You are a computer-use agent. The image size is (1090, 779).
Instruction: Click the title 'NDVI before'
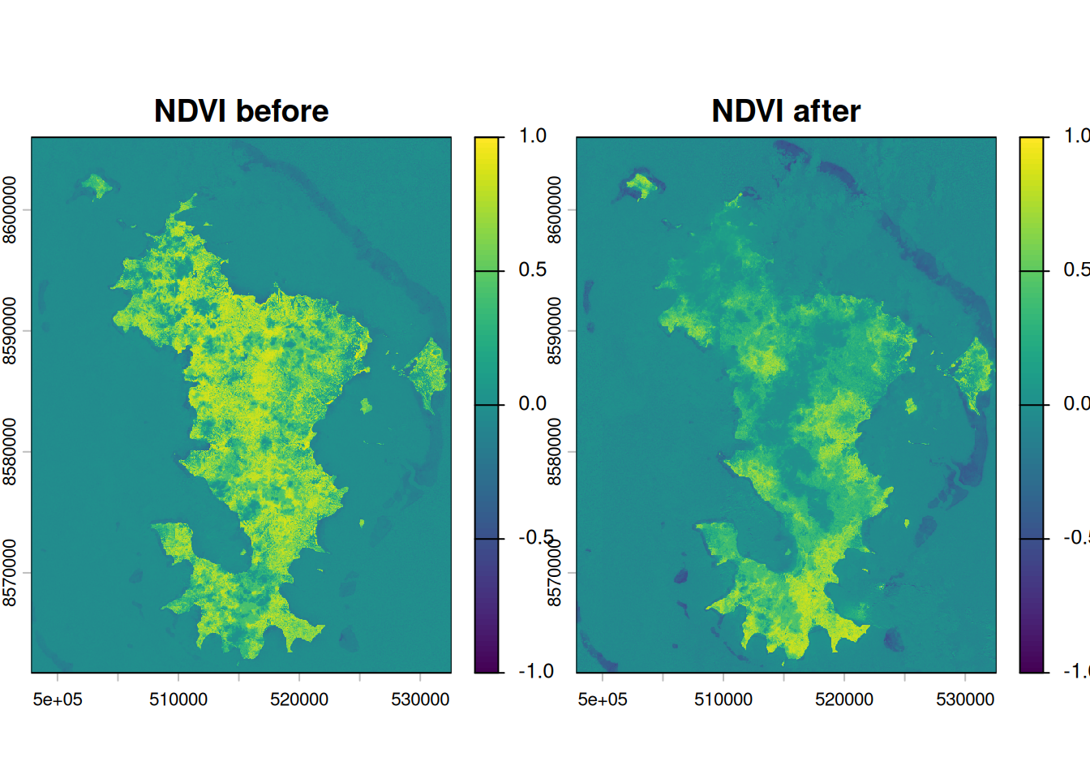tap(241, 111)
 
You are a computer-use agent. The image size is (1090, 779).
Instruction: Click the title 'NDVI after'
tap(786, 111)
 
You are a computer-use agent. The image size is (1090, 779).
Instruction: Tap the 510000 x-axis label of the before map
tap(178, 699)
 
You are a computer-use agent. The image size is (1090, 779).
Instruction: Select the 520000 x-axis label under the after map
tap(844, 699)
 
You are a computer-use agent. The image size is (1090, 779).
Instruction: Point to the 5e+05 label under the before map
tap(58, 699)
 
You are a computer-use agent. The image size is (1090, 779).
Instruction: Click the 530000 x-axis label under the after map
tap(965, 699)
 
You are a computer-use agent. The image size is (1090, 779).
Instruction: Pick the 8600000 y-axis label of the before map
tap(10, 210)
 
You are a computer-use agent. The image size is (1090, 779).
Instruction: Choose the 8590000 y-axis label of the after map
tap(555, 331)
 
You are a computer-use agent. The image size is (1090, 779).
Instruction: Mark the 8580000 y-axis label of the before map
tap(10, 452)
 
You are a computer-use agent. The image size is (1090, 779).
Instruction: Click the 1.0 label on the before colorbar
tap(533, 136)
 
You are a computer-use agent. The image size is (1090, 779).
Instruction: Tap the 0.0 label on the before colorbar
tap(533, 404)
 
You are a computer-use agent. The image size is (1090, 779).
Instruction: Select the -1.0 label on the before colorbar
tap(536, 672)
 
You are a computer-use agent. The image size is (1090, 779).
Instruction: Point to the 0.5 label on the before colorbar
tap(533, 270)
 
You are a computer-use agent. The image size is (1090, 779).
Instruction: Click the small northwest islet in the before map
tap(97, 185)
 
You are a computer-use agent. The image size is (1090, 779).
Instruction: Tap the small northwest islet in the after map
tap(642, 185)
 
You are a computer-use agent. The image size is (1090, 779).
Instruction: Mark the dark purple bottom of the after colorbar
tap(1032, 665)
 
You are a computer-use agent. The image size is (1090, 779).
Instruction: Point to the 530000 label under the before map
tap(420, 699)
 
